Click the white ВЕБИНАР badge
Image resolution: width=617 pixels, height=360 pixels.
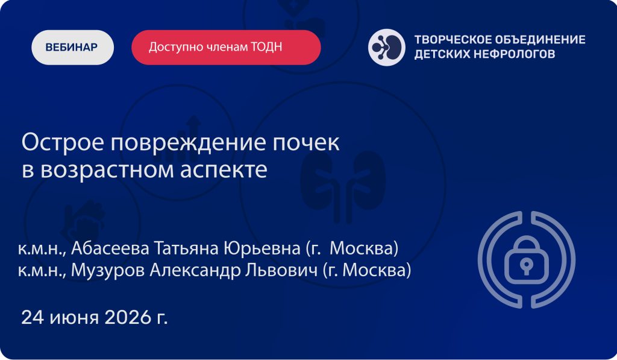[x=72, y=47]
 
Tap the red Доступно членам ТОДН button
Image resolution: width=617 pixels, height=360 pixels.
[x=226, y=47]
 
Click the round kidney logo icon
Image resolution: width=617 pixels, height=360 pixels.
[x=386, y=47]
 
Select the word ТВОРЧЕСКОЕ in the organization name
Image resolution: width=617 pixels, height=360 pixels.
[x=451, y=40]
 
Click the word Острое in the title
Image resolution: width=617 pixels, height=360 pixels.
[x=63, y=142]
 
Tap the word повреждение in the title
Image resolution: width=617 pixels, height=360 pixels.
[x=188, y=142]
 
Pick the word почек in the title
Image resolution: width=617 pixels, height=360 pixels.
[x=305, y=142]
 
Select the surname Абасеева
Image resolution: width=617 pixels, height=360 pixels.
[x=110, y=248]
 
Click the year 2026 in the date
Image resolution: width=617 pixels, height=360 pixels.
[x=128, y=317]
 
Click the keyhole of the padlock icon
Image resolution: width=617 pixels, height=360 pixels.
[x=527, y=266]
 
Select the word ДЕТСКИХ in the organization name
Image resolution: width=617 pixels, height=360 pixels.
[x=441, y=54]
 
